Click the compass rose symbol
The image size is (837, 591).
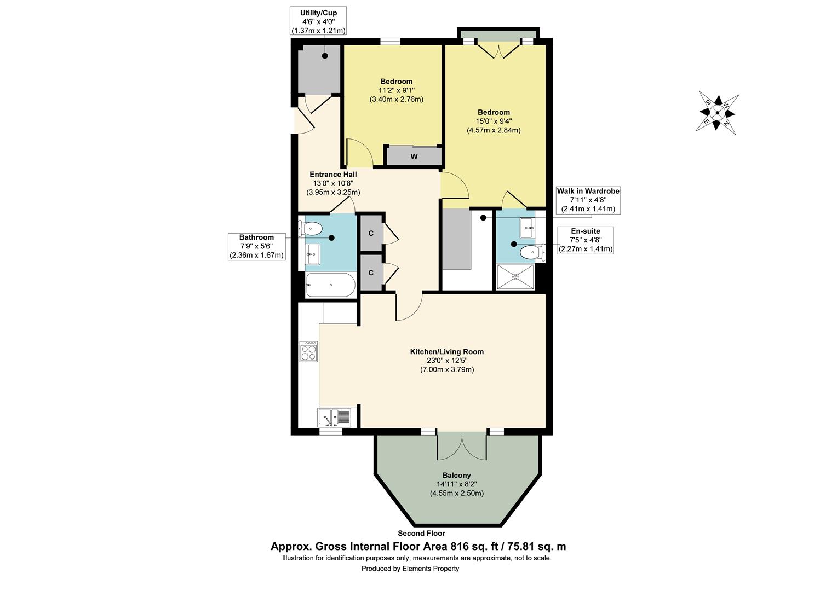coord(717,112)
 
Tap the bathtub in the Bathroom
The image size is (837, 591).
coord(330,285)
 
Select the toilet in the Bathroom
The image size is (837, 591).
coord(309,229)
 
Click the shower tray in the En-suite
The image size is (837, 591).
coord(515,277)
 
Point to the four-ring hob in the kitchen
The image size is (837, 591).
coord(308,352)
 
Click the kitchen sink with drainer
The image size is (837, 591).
coord(335,418)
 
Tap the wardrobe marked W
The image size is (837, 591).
coord(414,156)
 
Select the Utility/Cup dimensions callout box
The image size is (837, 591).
coord(318,21)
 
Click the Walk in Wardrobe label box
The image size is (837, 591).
coord(588,200)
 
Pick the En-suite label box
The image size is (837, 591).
coord(585,240)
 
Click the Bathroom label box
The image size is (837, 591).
coord(257,246)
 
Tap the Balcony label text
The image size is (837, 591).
coord(457,476)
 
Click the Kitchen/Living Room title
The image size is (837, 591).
coord(447,352)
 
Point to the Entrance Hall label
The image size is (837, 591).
coord(333,175)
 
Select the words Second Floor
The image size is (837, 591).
coord(421,533)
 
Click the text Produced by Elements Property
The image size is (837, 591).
coord(410,569)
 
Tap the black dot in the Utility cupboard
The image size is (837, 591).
coord(325,56)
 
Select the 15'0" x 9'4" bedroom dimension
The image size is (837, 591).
coord(494,121)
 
